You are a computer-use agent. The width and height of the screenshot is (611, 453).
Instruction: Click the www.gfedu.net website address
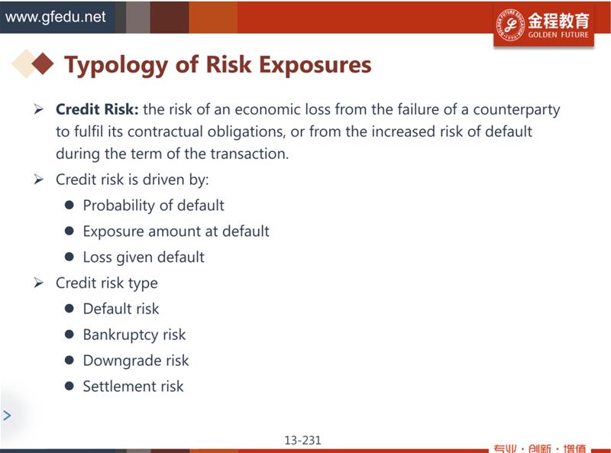tap(55, 17)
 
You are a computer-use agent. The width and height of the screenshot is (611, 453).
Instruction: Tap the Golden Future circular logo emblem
tap(510, 24)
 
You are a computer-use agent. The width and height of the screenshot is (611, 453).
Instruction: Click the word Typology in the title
tap(116, 66)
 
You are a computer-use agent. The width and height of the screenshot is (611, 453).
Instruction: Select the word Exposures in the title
tap(315, 65)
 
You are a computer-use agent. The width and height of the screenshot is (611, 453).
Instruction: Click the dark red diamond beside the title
tap(43, 63)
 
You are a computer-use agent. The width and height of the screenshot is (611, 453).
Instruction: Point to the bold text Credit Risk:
tap(97, 109)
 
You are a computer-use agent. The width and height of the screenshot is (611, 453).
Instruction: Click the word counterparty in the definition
tap(516, 110)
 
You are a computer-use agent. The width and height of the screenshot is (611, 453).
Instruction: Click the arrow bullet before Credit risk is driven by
tap(38, 180)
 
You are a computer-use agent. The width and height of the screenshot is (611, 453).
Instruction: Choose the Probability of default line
tap(154, 205)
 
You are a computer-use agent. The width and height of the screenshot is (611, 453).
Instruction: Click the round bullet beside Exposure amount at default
tap(70, 231)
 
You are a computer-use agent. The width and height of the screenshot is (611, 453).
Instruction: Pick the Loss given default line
tap(144, 257)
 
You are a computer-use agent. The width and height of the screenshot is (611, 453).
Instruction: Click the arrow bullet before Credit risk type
tap(38, 283)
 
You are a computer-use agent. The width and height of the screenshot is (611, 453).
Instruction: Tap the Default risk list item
tap(121, 309)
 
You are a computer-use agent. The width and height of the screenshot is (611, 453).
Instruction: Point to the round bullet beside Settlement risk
tap(70, 386)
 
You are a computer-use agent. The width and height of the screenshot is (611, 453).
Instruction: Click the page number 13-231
tap(302, 440)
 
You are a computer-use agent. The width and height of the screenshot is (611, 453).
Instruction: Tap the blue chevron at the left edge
tap(7, 416)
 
